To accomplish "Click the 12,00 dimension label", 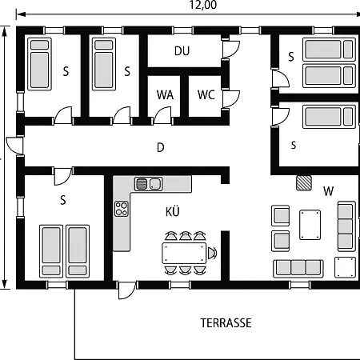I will tap(203, 6).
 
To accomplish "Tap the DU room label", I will tap(182, 50).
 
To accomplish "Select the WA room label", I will tap(165, 94).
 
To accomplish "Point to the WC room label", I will tap(206, 94).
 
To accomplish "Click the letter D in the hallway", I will tap(160, 147).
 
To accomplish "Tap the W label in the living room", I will tap(328, 191).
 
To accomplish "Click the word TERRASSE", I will tap(226, 323).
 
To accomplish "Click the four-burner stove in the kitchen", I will tap(122, 210).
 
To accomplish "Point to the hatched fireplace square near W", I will tap(304, 182).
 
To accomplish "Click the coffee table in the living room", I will tap(310, 225).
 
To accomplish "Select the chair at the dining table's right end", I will tap(213, 254).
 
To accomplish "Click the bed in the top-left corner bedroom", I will tap(38, 64).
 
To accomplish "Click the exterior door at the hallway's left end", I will tap(14, 146).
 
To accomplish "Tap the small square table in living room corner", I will tap(344, 266).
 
